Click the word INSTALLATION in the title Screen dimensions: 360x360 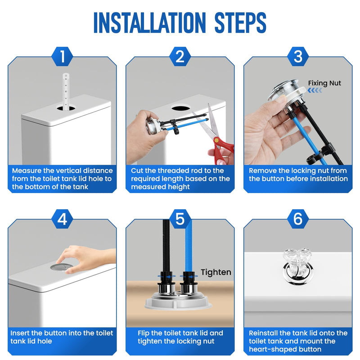point(149,22)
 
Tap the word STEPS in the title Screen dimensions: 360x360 point(240,22)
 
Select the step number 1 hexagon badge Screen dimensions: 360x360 point(62,57)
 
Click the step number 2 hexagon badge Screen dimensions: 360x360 point(180,57)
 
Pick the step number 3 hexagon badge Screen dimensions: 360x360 point(298,57)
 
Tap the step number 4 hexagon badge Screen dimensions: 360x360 point(62,219)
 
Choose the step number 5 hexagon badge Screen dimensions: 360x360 point(180,219)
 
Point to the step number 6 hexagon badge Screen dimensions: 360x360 point(298,219)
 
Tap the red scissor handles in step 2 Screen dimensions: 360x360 point(222,150)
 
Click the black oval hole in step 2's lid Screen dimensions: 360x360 point(181,108)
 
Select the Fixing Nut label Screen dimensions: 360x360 point(324,83)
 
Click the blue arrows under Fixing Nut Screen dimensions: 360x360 point(315,90)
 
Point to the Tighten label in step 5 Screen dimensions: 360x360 point(216,272)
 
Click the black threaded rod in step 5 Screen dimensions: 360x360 point(166,246)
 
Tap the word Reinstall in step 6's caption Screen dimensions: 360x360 point(263,333)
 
